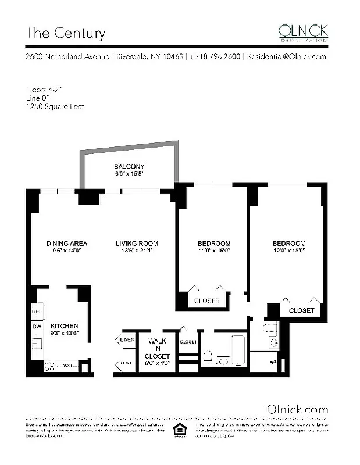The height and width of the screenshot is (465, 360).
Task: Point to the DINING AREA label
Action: coord(67,243)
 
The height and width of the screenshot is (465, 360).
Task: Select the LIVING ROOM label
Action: coord(137,243)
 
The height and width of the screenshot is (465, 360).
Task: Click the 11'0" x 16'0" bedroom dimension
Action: coord(214,251)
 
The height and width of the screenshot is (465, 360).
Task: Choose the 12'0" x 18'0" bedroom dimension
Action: coord(288,251)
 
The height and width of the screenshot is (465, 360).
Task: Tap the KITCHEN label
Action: coord(65,326)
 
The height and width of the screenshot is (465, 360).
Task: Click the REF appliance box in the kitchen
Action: coord(37,312)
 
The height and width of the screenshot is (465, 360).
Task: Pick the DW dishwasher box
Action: coord(36,326)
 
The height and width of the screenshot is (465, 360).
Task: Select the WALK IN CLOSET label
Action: coord(159,348)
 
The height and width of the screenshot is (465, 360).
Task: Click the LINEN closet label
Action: coord(127,339)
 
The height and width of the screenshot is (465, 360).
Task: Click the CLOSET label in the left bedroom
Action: coord(207,301)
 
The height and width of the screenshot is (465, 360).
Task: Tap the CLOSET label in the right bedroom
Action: coord(301,310)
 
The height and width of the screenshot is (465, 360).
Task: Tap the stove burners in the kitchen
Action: coord(50,367)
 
